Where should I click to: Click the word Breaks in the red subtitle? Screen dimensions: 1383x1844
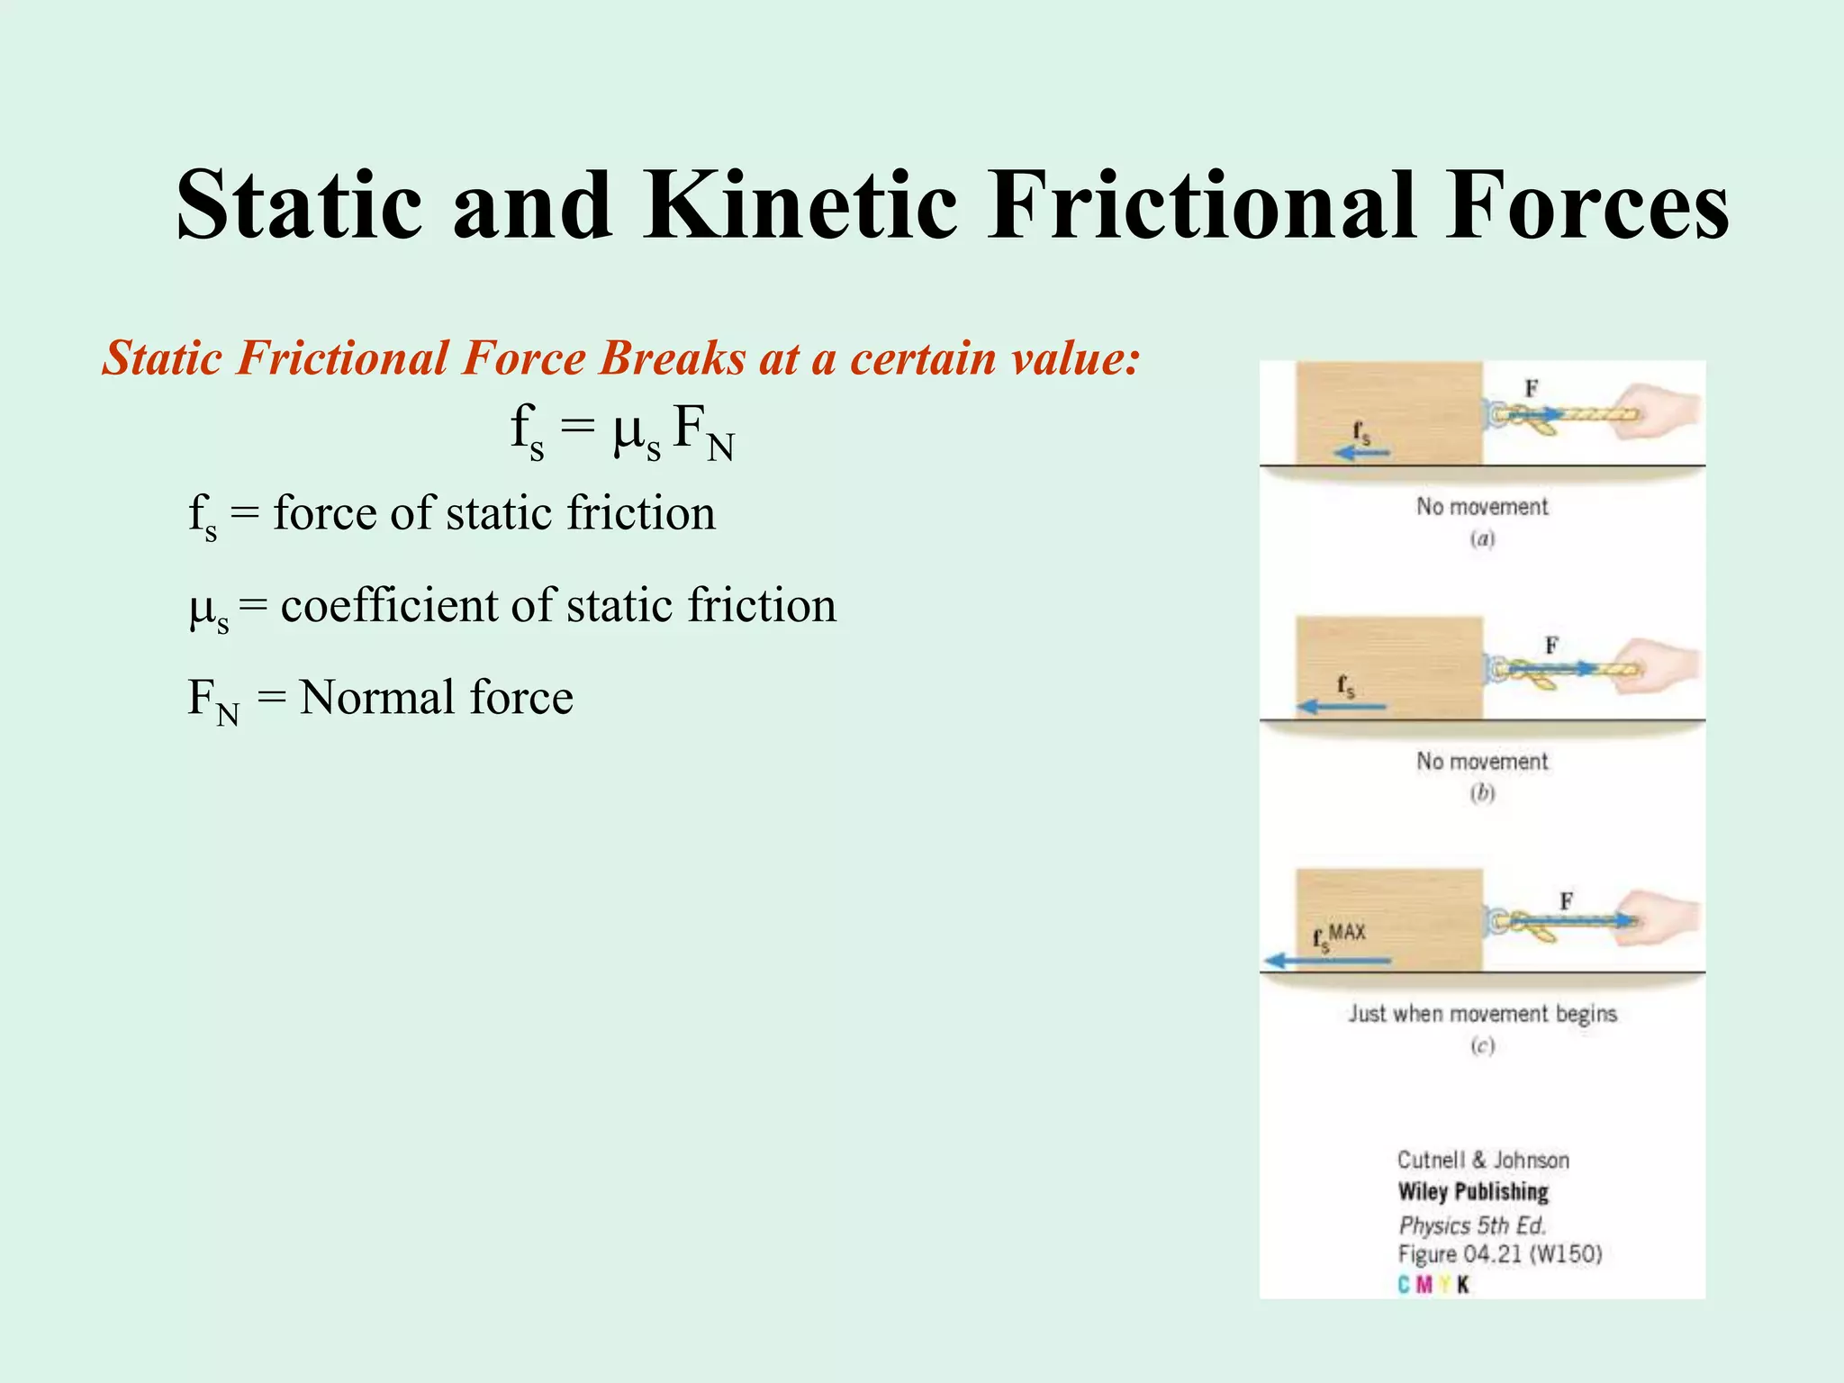(672, 358)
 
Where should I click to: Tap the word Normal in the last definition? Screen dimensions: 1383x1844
(377, 697)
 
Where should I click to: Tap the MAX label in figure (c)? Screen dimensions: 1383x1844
(1347, 932)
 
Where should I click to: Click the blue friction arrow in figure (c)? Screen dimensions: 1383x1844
(1327, 961)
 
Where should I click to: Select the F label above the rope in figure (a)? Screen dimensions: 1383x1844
(1531, 388)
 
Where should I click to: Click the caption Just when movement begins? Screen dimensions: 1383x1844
(1482, 1014)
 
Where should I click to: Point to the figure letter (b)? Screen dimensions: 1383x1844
(1482, 793)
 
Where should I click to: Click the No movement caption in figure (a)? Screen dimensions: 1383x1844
(1482, 507)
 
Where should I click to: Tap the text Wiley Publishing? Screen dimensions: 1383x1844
(1473, 1191)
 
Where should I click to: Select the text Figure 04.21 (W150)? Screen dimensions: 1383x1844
(1500, 1254)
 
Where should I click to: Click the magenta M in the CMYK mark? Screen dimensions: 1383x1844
(1424, 1285)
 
